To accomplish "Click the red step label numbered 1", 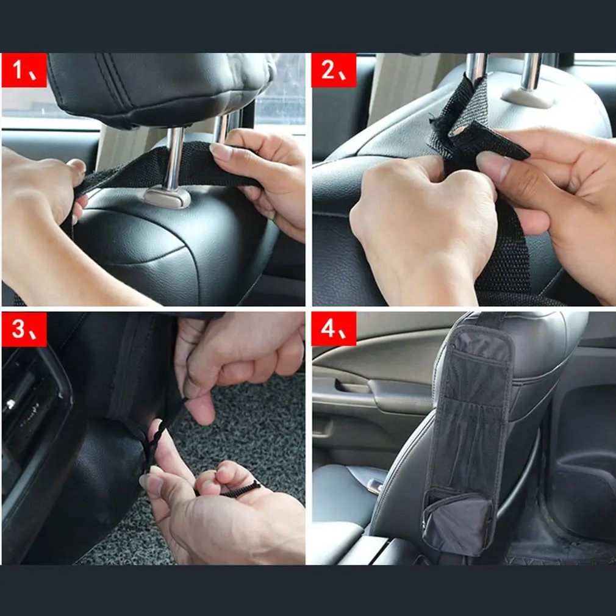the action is click(x=24, y=70).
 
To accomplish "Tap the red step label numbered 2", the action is click(x=334, y=70).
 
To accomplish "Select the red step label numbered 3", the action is click(x=24, y=329).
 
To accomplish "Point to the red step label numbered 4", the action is click(x=334, y=329).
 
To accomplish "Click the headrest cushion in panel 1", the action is click(x=161, y=88).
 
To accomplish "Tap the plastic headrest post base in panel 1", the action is click(x=167, y=197).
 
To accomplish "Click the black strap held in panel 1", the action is click(x=165, y=167).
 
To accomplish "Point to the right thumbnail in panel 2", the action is click(x=493, y=167).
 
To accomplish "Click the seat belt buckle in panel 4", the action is click(x=375, y=485).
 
